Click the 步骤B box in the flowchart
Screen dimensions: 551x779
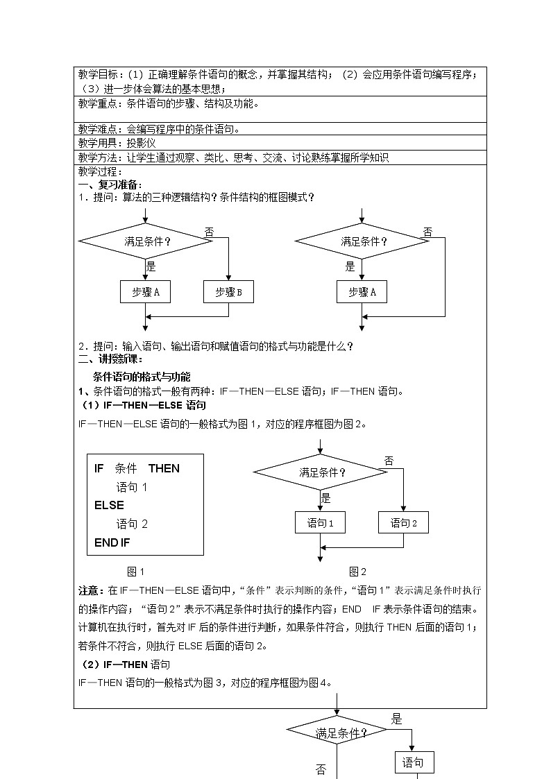[x=228, y=292]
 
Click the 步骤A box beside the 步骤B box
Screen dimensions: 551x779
[x=145, y=292]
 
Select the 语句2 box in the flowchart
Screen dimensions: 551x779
[x=403, y=523]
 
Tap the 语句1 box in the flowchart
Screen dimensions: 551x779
[x=320, y=523]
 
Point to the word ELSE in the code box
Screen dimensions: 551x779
[x=109, y=505]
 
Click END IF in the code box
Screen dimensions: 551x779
[x=112, y=542]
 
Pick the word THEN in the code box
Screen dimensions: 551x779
[x=164, y=468]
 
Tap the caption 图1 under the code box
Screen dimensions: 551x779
[x=135, y=572]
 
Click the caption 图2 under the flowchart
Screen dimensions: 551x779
[x=357, y=572]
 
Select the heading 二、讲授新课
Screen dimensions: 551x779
[x=110, y=359]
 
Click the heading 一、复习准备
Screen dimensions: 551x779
[x=110, y=185]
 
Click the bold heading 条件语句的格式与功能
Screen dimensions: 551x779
[x=142, y=377]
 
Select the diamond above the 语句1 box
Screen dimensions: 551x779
[x=320, y=472]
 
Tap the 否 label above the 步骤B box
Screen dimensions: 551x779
[x=209, y=232]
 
